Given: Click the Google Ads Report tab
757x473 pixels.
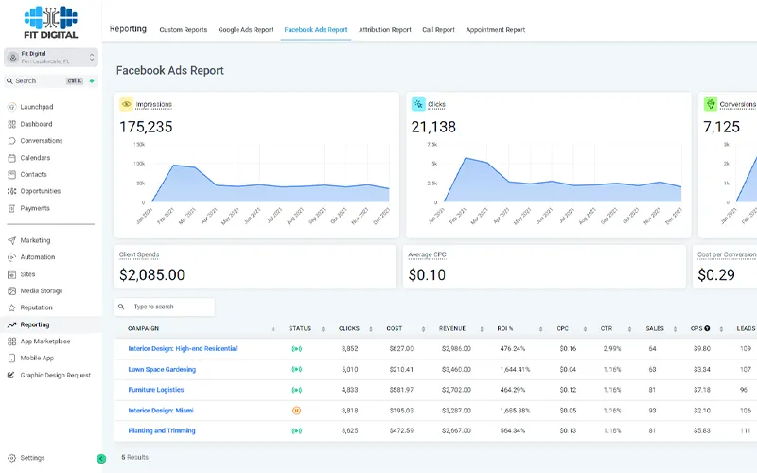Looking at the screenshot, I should coord(245,30).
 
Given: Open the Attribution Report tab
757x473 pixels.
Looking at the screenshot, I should coord(386,30).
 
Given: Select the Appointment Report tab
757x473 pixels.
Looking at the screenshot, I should coord(495,30).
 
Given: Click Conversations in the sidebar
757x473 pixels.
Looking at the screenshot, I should coord(44,141).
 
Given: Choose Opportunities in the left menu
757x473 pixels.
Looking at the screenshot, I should coord(41,191).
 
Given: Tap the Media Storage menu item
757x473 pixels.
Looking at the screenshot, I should coord(42,291).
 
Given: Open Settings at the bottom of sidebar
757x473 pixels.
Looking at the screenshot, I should coord(33,458).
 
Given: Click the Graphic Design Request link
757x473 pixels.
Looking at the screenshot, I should coord(56,376).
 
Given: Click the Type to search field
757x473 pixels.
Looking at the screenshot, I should coord(166,307).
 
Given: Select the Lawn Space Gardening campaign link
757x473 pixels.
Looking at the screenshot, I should coord(162,369).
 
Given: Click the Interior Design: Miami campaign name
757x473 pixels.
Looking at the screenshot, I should coord(162,411).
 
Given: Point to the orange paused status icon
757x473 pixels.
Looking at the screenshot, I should coord(296,411).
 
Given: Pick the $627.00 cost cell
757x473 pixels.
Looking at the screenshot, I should coord(400,348).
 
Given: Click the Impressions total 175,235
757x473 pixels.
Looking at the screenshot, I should coord(146,127).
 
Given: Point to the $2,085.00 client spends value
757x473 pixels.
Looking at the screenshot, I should coord(151,275).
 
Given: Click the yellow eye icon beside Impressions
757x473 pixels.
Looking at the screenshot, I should coord(126,104).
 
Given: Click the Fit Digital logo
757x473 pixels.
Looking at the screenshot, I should coord(50,22).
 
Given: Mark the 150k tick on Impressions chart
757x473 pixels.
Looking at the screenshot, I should coord(138,145).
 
